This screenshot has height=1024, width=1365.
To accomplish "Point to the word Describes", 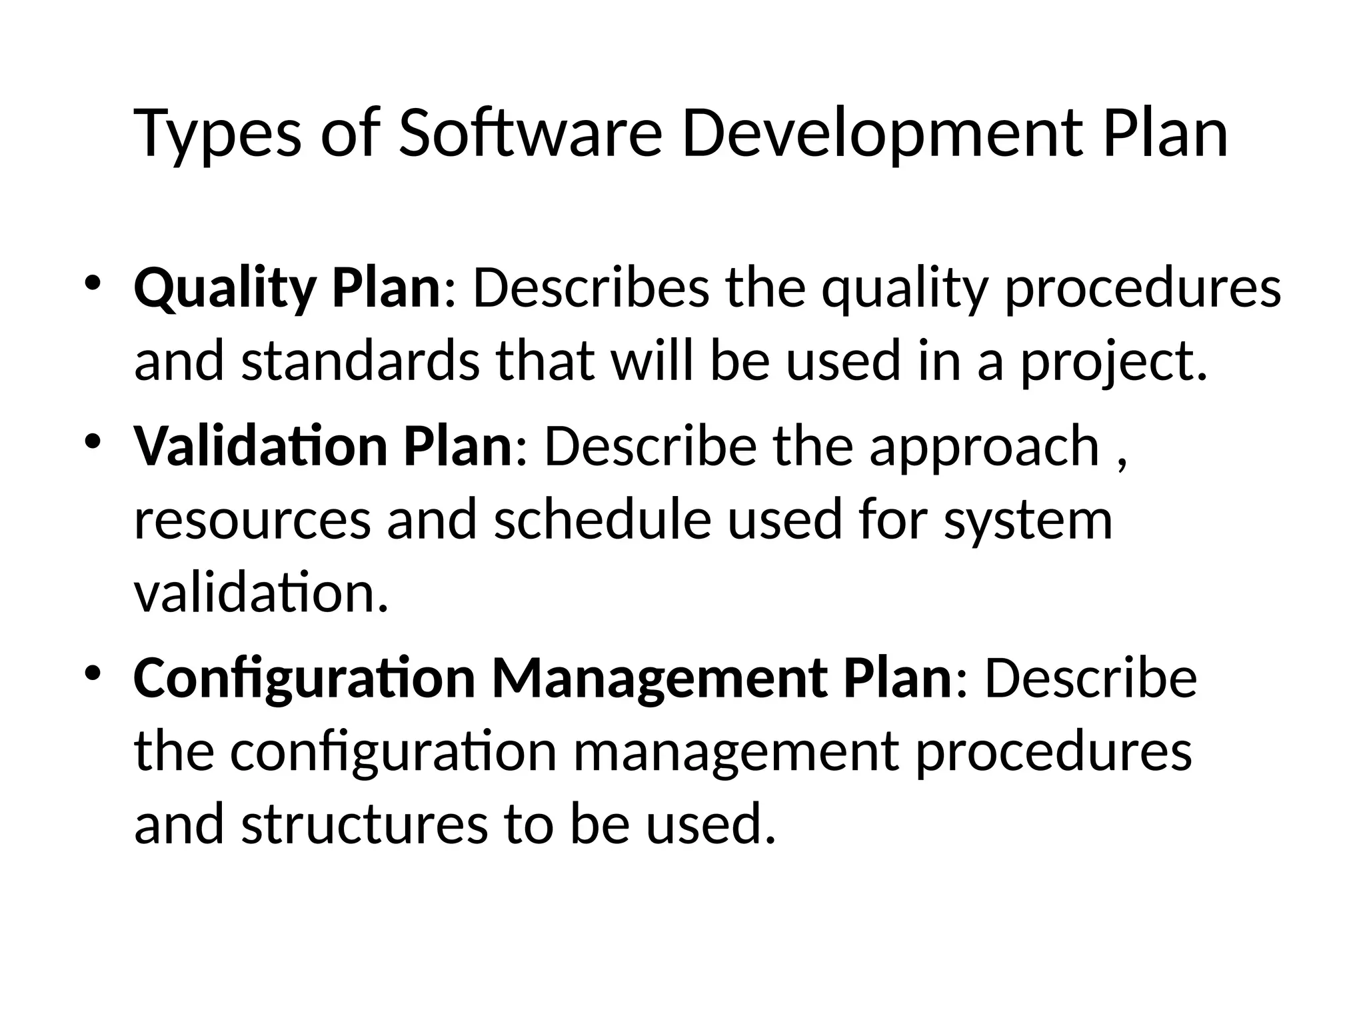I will tap(591, 288).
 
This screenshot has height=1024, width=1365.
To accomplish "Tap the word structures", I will tap(364, 824).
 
